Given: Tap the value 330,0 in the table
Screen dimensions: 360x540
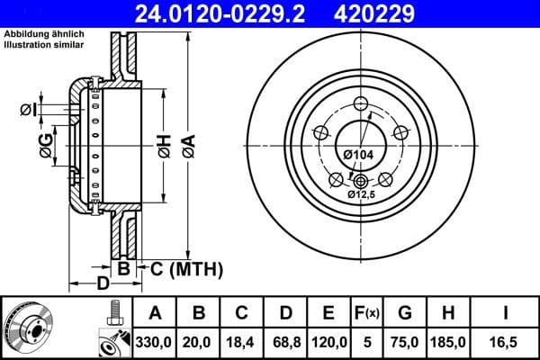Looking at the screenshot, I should [156, 343].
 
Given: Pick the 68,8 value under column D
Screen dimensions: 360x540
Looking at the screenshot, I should [285, 343].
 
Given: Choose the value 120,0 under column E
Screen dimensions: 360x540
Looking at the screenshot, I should [328, 343].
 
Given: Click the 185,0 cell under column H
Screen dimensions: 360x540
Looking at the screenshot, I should [447, 343].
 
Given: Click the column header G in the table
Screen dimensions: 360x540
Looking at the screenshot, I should [405, 314].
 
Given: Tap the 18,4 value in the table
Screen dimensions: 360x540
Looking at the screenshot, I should [242, 343].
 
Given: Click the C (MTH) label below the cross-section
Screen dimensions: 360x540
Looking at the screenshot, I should [181, 267].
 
